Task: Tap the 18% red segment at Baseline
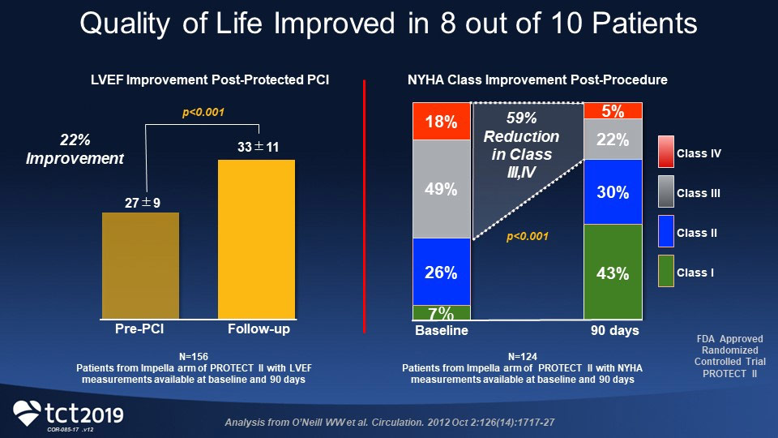tap(442, 122)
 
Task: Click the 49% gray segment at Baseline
tap(442, 189)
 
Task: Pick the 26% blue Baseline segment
tap(442, 272)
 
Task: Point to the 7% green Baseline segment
tap(442, 313)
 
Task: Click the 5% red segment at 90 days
tap(613, 111)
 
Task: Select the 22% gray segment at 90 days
tap(613, 140)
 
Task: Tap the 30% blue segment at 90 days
tap(613, 191)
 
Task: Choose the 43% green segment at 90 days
tap(613, 272)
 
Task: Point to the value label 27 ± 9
tap(143, 202)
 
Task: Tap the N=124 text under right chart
tap(524, 356)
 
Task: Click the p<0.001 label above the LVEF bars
tap(203, 113)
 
